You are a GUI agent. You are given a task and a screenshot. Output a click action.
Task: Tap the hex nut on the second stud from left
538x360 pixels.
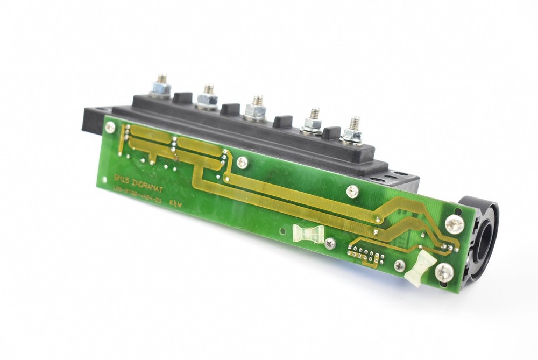[208, 98]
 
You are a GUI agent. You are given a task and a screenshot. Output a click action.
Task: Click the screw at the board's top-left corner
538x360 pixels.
[110, 128]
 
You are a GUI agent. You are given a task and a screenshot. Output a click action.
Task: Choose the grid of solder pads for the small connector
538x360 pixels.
[366, 253]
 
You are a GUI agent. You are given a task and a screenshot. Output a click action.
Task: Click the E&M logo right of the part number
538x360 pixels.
[176, 205]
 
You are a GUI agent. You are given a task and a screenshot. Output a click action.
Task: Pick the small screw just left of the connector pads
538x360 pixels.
[330, 244]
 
